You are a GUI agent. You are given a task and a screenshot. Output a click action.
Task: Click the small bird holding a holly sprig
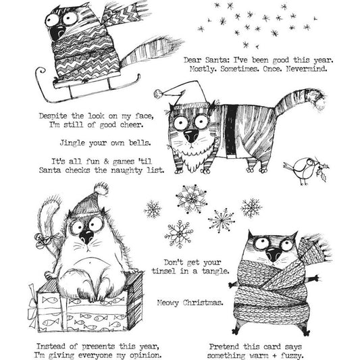coord(301,170)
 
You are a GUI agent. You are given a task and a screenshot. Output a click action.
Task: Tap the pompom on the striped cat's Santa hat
coord(157,93)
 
